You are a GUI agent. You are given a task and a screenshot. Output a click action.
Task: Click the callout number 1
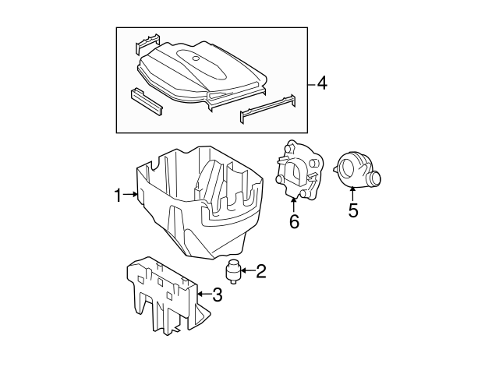tap(119, 196)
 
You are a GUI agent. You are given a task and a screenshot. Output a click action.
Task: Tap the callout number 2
tap(261, 271)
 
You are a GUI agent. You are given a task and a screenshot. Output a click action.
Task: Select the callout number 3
tap(218, 295)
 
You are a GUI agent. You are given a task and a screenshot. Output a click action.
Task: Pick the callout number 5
tap(352, 210)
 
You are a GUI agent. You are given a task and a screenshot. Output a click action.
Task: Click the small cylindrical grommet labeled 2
tap(232, 272)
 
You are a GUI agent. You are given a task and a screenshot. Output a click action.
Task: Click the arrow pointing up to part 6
tap(294, 205)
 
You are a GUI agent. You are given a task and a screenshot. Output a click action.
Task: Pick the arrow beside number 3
tap(203, 295)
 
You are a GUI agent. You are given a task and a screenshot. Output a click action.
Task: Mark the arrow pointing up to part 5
tap(352, 193)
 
